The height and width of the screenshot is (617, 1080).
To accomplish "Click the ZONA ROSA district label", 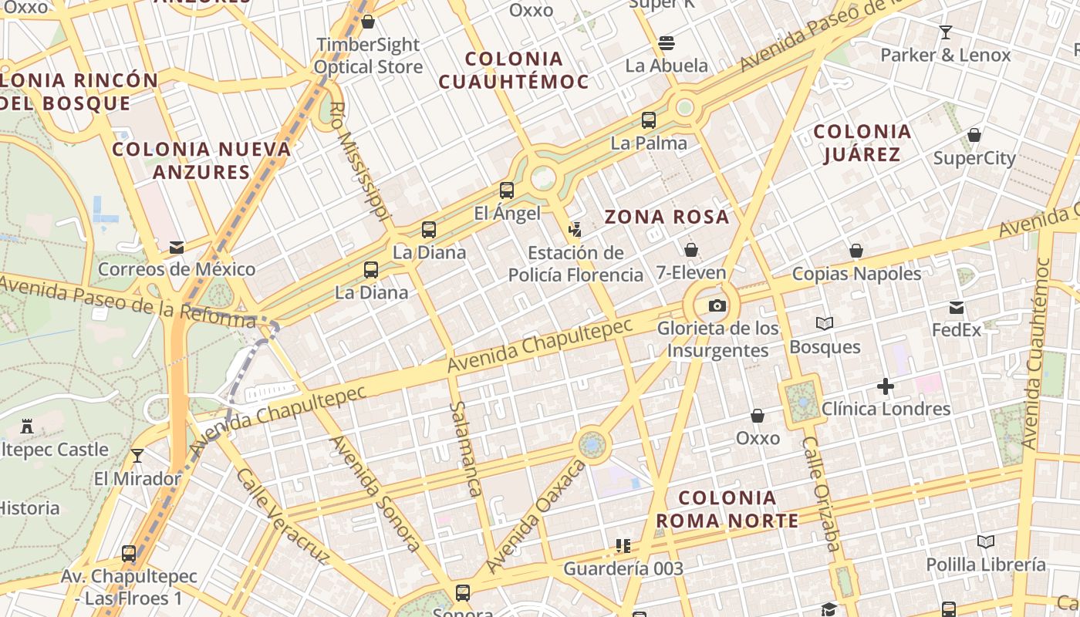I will pos(667,217).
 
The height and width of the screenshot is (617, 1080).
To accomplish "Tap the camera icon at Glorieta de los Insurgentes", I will pos(717,306).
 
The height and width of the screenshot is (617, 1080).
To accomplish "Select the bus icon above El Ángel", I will pos(507,190).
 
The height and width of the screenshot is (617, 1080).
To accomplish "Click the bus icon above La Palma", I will pos(649,120).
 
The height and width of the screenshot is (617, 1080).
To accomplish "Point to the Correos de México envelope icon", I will pos(177,248).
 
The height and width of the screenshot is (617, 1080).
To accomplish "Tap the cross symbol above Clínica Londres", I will pos(886,386).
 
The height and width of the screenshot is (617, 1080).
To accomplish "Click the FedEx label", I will pos(957,330).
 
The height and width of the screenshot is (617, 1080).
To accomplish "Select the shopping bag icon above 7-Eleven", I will pos(691,250).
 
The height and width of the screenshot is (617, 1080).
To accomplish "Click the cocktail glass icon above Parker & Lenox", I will pos(945,32).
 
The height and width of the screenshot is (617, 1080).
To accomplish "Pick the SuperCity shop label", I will pos(974,158).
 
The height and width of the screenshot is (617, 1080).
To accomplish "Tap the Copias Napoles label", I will pos(856,274).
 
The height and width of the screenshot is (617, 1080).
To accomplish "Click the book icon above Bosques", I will pos(825,324).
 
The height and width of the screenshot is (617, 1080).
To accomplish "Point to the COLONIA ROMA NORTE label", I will pos(727,509).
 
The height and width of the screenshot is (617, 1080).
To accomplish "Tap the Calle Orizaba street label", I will pos(820,494).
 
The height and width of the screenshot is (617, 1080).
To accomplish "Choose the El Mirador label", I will pos(137,478).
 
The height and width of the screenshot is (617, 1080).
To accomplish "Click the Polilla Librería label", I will pos(986,565).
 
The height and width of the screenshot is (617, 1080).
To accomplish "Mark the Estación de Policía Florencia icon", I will pos(575,228).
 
